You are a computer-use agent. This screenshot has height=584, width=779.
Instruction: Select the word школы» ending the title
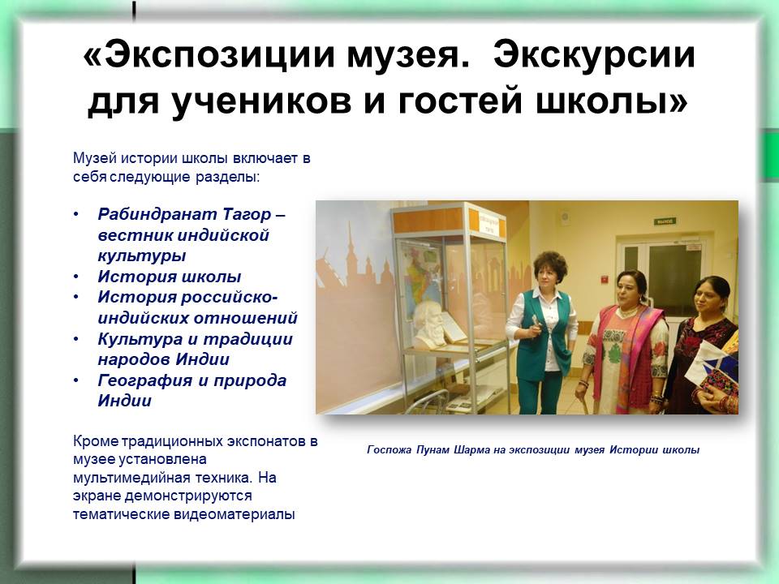coord(612,101)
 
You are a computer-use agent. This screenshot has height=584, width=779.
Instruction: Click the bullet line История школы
coord(170,277)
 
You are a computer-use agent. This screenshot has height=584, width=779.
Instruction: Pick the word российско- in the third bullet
coord(229,297)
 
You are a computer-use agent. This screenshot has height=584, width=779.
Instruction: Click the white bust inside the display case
coord(428,325)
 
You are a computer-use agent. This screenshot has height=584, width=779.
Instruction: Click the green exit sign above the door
coord(665,221)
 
